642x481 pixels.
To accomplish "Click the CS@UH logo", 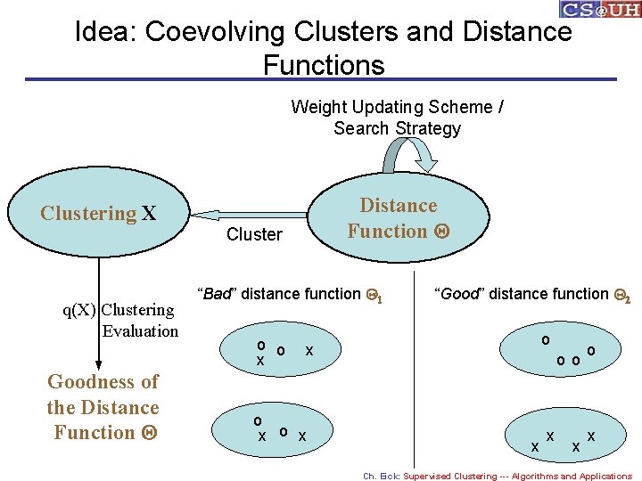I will click(599, 9).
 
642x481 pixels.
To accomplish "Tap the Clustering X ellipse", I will click(98, 214).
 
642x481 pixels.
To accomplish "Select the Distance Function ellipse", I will click(398, 218).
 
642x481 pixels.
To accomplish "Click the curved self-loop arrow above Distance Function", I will click(406, 156).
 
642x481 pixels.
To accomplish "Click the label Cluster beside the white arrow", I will click(254, 235).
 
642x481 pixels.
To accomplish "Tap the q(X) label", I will click(78, 310).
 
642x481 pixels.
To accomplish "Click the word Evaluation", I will click(140, 331).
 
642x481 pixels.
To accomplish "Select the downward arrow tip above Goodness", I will click(99, 365).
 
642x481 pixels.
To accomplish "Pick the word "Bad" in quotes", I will click(216, 294).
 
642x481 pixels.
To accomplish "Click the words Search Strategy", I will click(398, 128).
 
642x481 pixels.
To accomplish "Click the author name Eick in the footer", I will click(390, 476).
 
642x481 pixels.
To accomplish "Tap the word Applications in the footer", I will click(605, 476).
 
